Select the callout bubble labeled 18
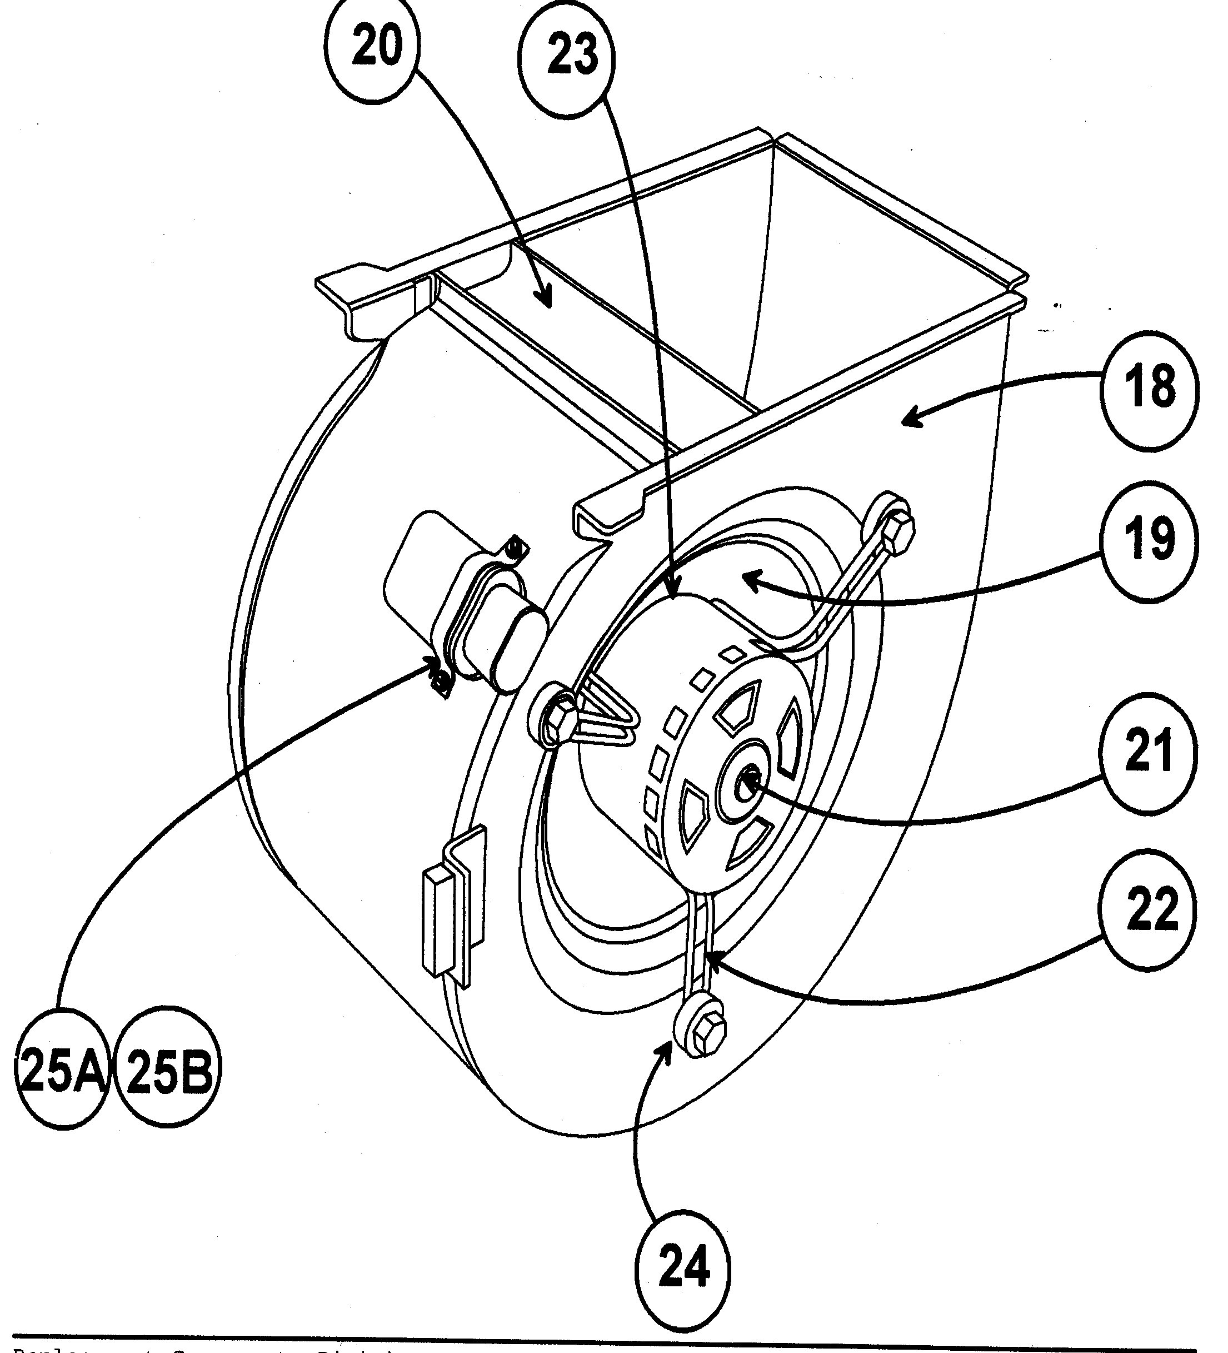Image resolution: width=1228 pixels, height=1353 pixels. pos(1149,389)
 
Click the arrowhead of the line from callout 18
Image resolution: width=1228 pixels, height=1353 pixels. pos(905,421)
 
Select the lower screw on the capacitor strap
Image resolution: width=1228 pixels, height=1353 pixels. pos(441,683)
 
